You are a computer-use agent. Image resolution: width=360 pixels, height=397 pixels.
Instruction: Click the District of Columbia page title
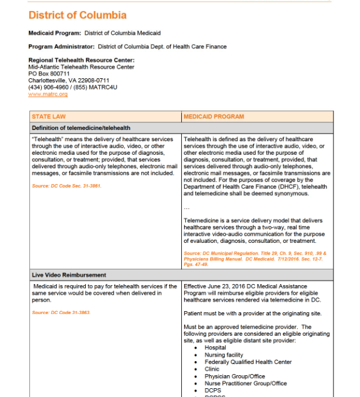[77, 15]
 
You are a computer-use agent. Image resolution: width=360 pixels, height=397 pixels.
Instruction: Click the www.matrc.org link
[48, 94]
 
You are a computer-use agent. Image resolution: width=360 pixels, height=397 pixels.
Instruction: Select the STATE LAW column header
[49, 116]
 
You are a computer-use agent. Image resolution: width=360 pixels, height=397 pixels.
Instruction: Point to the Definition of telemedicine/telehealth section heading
[81, 128]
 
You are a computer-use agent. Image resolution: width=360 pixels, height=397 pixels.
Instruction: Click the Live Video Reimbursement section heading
[69, 275]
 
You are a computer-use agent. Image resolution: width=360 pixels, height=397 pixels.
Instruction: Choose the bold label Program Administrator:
[62, 46]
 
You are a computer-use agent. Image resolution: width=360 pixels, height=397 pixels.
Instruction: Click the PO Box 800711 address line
[49, 74]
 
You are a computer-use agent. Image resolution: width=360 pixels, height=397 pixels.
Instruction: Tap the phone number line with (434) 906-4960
[73, 87]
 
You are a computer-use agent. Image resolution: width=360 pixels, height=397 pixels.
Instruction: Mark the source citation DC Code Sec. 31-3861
[67, 186]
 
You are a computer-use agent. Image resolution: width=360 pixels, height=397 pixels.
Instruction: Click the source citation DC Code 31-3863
[61, 312]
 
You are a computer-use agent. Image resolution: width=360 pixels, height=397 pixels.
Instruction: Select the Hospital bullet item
[215, 348]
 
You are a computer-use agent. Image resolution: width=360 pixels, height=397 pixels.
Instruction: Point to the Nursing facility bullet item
[224, 355]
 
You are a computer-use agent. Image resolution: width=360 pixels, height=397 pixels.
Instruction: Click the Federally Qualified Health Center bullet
[248, 362]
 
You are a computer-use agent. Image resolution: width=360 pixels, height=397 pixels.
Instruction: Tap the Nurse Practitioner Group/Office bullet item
[246, 383]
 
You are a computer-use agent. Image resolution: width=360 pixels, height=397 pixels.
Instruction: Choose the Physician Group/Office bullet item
[235, 376]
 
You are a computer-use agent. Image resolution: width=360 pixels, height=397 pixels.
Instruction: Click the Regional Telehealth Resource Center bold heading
[81, 60]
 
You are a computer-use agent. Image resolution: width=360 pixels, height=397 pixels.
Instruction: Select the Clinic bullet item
[212, 369]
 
